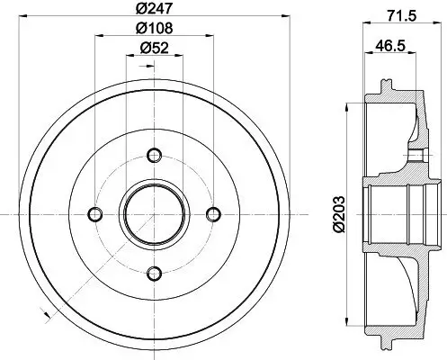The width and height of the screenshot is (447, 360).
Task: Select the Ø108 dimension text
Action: point(154,29)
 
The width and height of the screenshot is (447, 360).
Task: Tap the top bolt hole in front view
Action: point(154,153)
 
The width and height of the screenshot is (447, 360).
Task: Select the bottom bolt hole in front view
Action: point(154,274)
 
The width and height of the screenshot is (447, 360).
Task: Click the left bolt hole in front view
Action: point(94,213)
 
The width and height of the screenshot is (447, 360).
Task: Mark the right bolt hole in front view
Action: point(214,213)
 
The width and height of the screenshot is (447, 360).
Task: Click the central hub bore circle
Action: point(154,213)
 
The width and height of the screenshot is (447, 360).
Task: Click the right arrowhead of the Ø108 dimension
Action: point(212,35)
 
